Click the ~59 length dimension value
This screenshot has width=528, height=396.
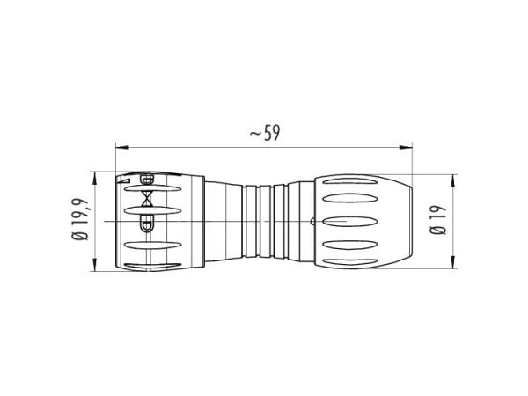pyautogui.click(x=265, y=133)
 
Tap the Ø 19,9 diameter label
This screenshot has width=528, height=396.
pyautogui.click(x=81, y=219)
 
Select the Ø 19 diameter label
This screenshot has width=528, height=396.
pyautogui.click(x=438, y=220)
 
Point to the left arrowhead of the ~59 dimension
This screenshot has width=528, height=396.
pyautogui.click(x=122, y=147)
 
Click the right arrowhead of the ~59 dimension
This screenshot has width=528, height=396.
pyautogui.click(x=406, y=147)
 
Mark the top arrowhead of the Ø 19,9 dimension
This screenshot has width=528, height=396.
pyautogui.click(x=95, y=178)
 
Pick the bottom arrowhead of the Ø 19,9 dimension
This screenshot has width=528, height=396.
pyautogui.click(x=95, y=265)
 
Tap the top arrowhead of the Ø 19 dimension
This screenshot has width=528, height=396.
pyautogui.click(x=453, y=181)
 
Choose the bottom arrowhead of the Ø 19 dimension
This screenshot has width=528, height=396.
pyautogui.click(x=453, y=262)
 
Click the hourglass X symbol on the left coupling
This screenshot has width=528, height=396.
pyautogui.click(x=147, y=199)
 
